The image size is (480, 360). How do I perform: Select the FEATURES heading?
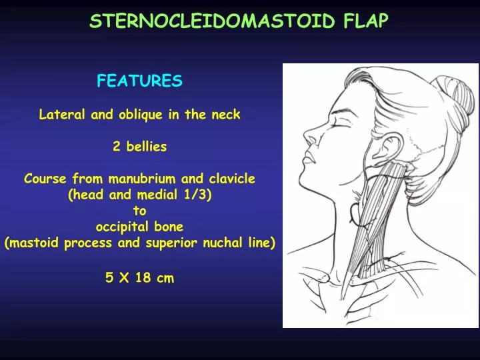point(139,81)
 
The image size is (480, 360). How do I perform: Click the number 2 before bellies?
point(117,147)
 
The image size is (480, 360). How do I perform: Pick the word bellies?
point(145,147)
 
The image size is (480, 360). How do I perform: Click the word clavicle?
point(231,179)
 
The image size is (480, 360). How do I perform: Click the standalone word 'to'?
point(139,211)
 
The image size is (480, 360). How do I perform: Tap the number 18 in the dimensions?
point(143,279)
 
